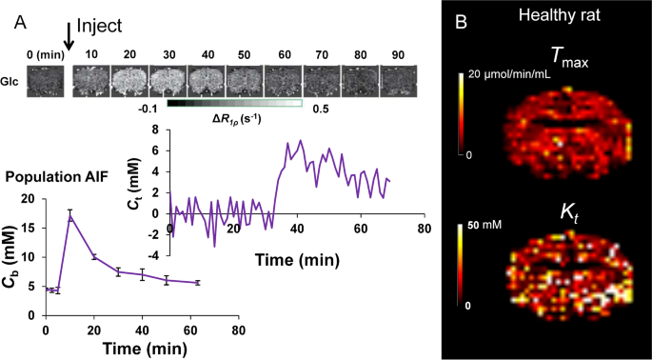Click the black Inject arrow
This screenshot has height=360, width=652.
pos(68,31)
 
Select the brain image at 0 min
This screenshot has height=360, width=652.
pos(47,82)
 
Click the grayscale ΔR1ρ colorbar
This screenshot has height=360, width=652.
pos(234,103)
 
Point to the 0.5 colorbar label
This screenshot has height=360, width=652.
pos(320,110)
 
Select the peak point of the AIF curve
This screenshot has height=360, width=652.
pos(70,217)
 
